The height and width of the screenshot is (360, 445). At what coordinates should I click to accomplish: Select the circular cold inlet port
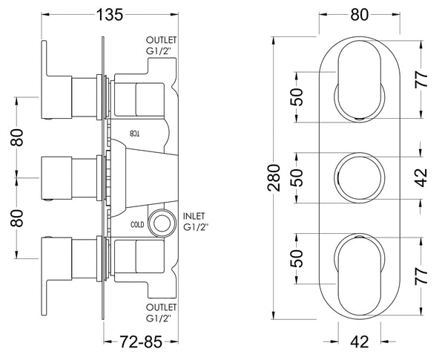[159, 222]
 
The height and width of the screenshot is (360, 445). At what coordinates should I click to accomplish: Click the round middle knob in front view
[360, 176]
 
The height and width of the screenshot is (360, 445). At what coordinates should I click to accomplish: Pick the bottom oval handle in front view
[361, 272]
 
